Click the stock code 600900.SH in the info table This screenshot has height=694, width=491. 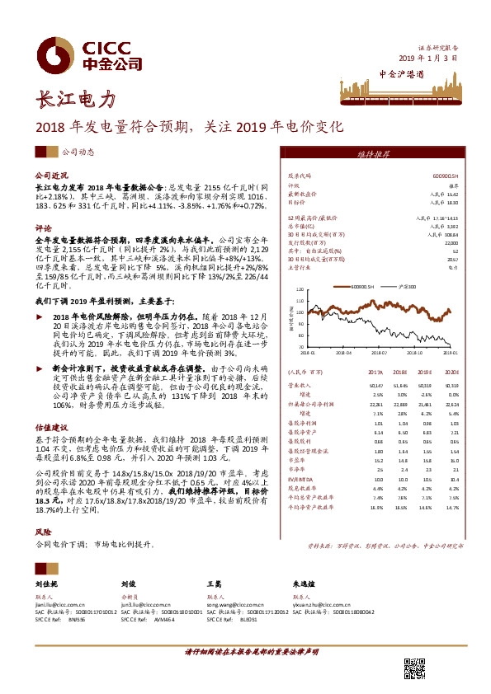445,176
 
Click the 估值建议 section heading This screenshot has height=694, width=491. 50,429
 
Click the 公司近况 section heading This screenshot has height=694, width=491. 50,176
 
